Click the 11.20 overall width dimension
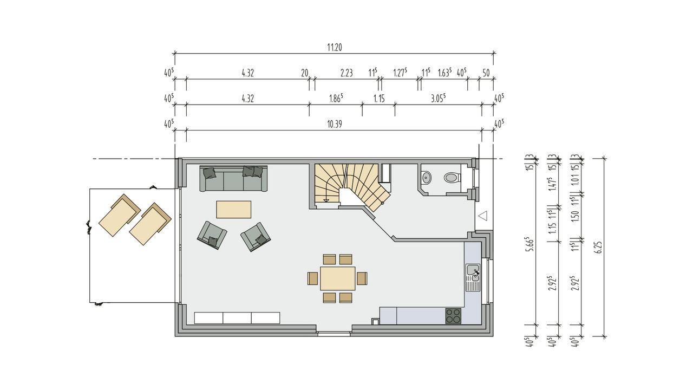coord(335,47)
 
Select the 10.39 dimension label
coord(335,124)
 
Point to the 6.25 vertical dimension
coord(599,248)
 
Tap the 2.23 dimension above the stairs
coord(346,73)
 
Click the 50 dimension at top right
coord(486,73)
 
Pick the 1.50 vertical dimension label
coord(575,216)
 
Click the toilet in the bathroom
coord(452,178)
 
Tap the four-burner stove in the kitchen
coord(453,316)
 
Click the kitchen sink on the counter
coord(473,277)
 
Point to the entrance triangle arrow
coord(483,216)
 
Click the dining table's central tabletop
coord(337,278)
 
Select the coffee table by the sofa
coord(233,210)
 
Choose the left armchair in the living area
coord(212,235)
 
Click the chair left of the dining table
coord(313,278)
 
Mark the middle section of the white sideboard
coord(237,318)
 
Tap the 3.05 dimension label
coord(439,99)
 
